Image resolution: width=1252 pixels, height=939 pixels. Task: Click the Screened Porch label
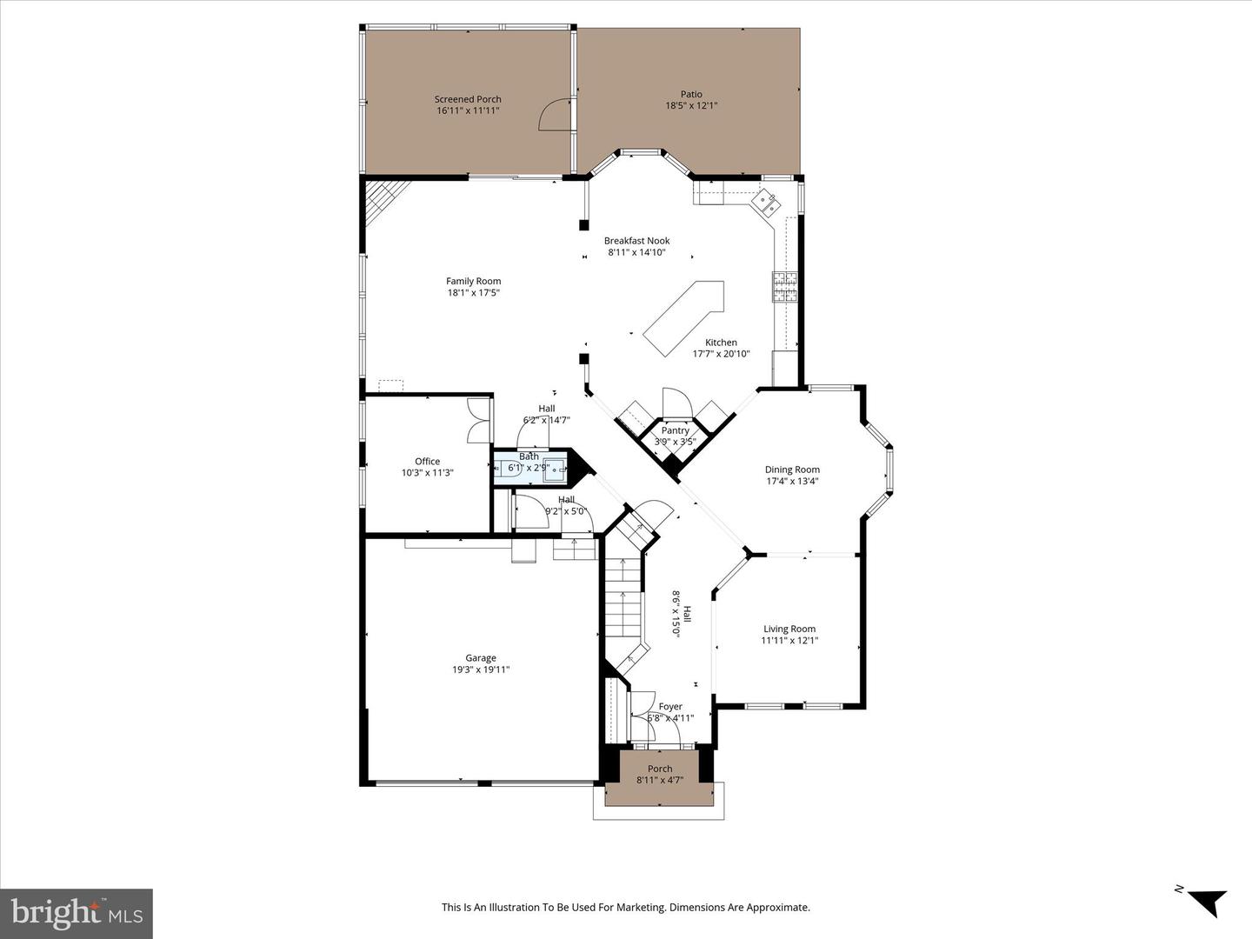coord(468,99)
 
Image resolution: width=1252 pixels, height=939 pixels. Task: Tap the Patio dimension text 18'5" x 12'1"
coord(691,106)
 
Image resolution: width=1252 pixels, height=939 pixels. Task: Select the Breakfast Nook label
coord(636,241)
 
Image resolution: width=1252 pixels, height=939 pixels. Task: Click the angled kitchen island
coord(684,316)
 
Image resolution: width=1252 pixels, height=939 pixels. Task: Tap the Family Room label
coord(473,281)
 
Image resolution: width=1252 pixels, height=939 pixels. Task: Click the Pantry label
coord(675,430)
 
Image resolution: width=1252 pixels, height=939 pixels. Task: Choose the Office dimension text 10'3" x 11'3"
coord(427,473)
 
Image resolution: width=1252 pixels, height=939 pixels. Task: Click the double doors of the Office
coord(478,420)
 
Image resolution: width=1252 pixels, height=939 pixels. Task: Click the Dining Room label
coord(792,469)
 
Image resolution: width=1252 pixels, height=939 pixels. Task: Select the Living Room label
coord(789,629)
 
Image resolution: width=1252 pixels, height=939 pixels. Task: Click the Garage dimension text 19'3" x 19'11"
coord(480,669)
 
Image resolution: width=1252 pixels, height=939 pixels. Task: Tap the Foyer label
coord(670,707)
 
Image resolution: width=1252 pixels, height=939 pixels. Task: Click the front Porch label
coord(660,769)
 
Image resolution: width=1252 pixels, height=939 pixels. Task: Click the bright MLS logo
coord(77,913)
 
